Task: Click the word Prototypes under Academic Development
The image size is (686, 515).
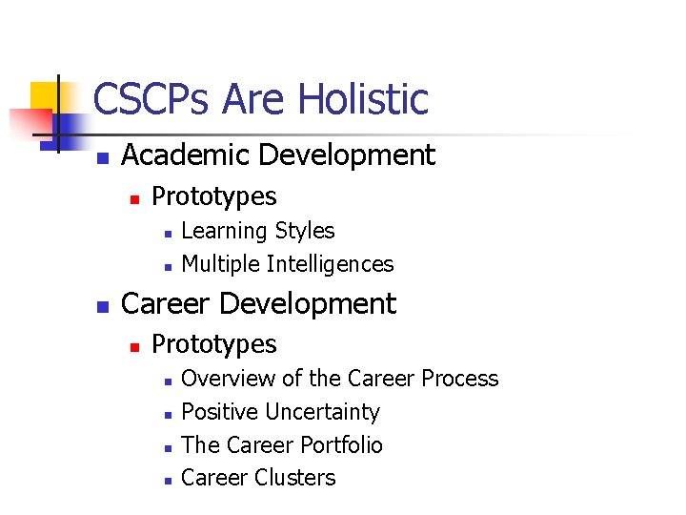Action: (214, 196)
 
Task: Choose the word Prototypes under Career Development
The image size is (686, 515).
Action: (214, 344)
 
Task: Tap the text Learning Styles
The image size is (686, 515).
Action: (257, 231)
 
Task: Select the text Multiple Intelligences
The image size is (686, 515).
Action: (287, 264)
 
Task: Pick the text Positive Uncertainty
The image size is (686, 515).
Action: (280, 412)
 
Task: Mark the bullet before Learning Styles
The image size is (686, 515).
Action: (166, 233)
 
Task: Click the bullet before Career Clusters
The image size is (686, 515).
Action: (166, 480)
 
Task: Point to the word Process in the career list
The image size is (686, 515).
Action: (460, 379)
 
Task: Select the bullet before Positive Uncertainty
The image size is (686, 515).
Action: (166, 414)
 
